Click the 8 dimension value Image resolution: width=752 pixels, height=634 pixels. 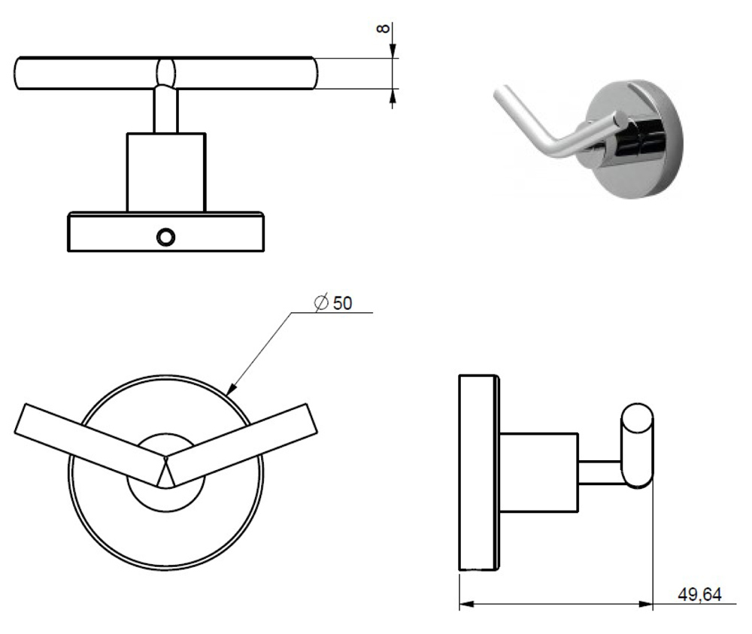click(x=383, y=29)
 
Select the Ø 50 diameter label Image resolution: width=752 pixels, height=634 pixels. click(x=332, y=302)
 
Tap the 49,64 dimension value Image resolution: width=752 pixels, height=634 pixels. click(x=699, y=595)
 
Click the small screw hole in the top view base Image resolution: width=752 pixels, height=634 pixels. click(x=165, y=237)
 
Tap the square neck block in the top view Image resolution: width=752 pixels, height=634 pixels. click(x=166, y=172)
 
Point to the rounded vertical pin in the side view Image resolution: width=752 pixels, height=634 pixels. click(x=638, y=447)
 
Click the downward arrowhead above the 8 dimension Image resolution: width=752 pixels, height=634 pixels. click(x=393, y=51)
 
